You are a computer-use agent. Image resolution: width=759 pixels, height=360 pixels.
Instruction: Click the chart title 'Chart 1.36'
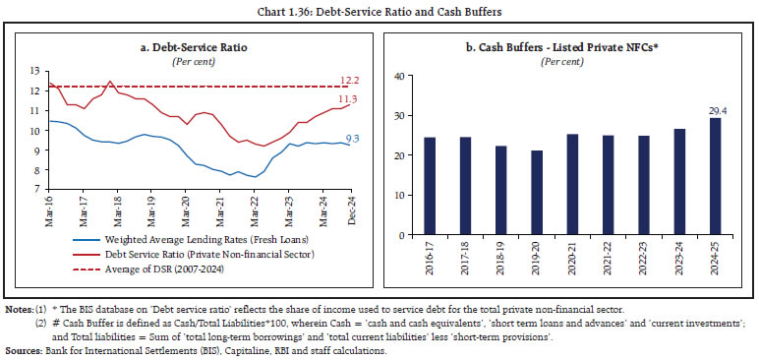(x=379, y=11)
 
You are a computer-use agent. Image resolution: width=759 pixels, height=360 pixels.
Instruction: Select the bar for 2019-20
(x=536, y=193)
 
